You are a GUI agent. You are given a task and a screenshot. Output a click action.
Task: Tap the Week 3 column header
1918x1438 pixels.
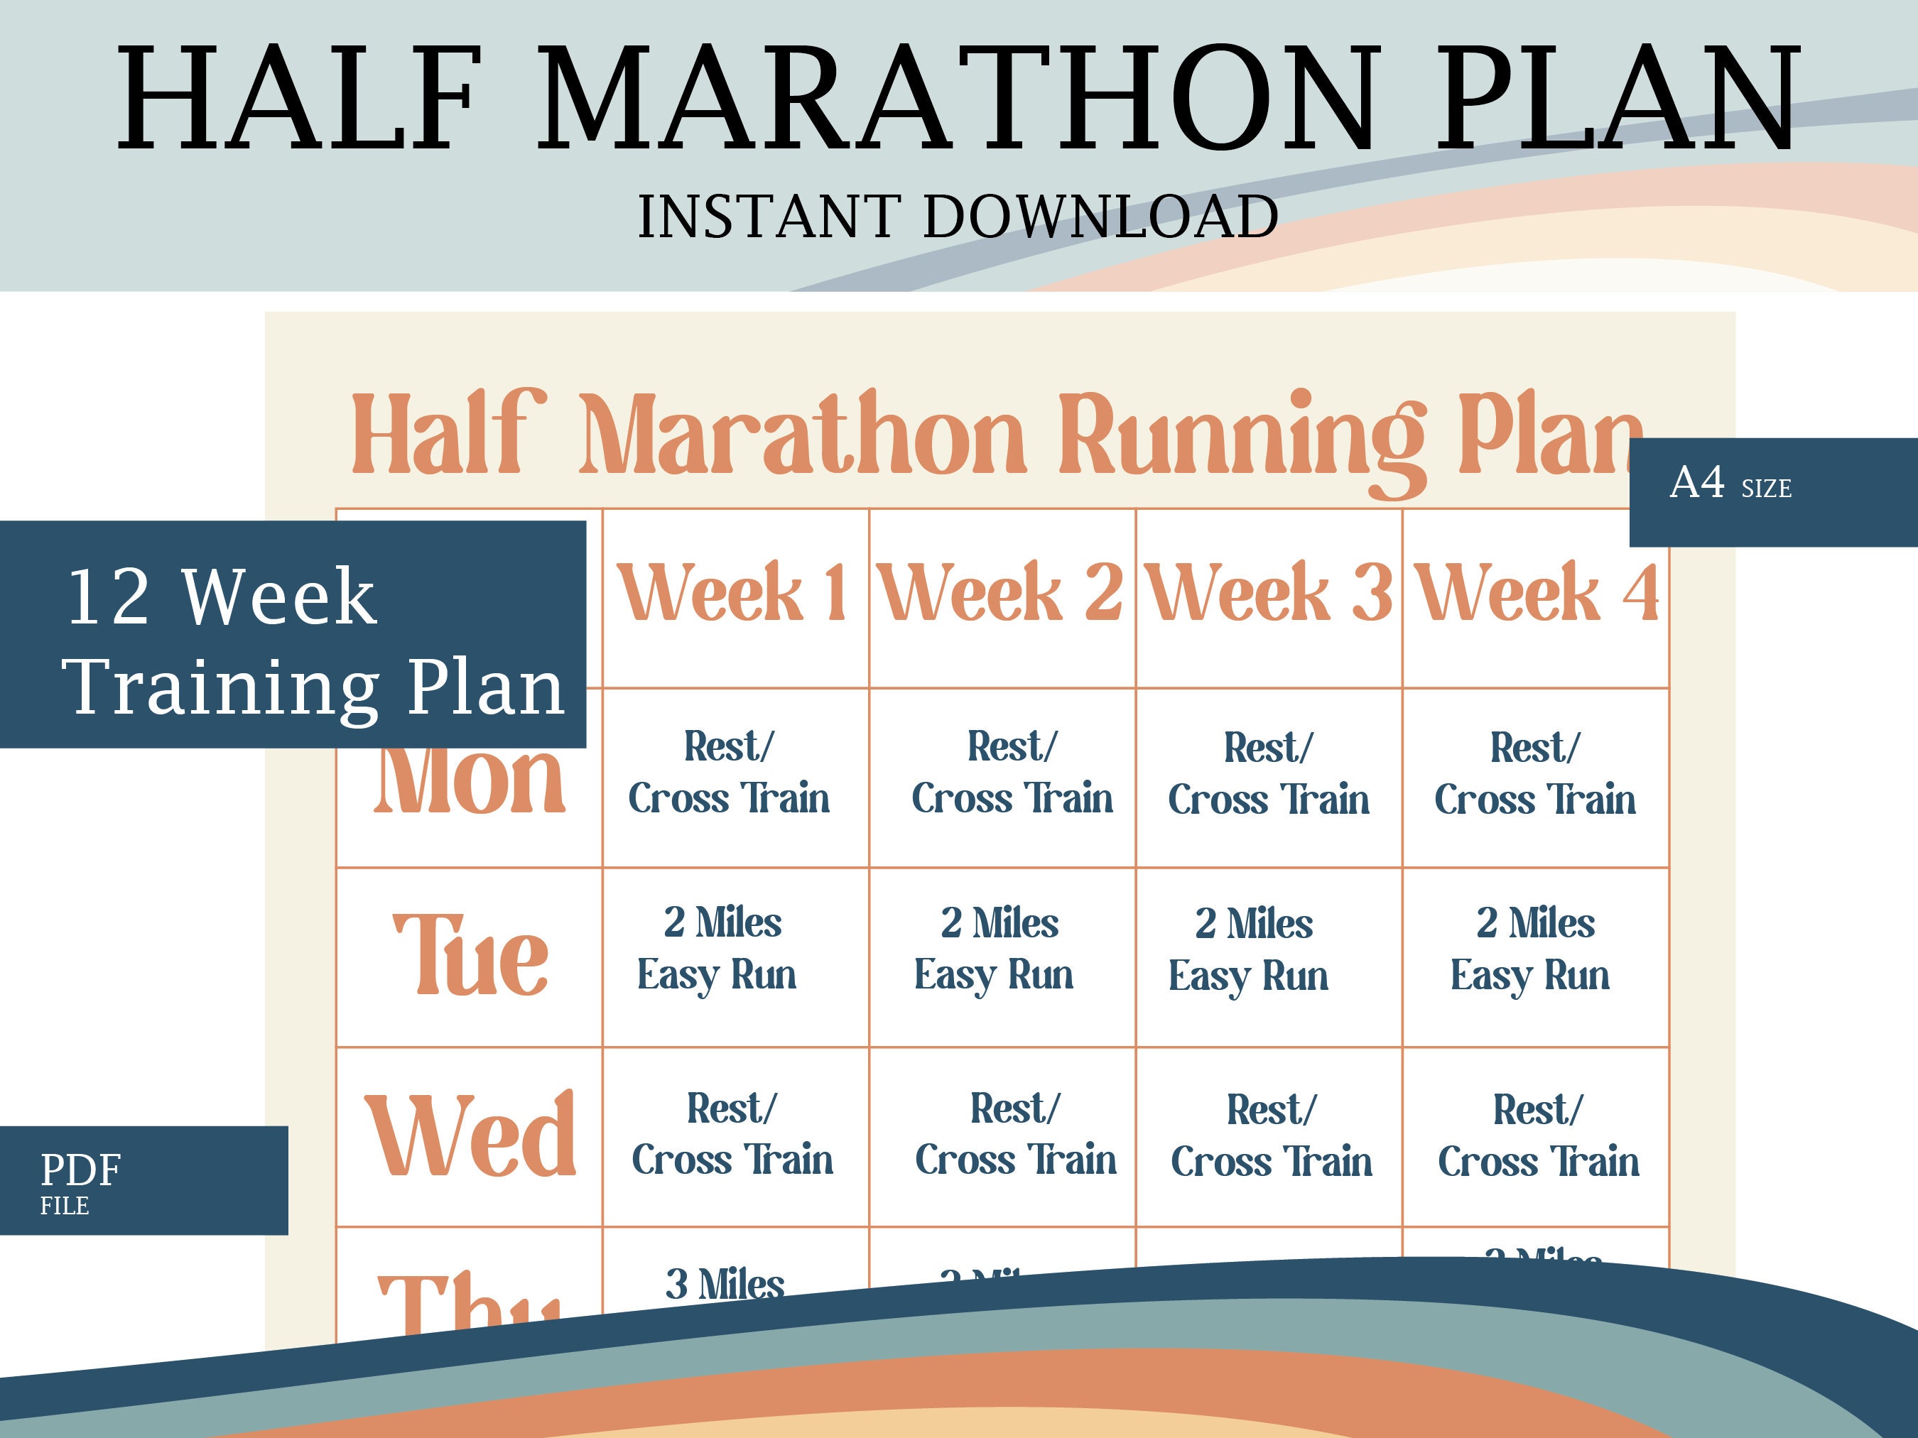click(1268, 593)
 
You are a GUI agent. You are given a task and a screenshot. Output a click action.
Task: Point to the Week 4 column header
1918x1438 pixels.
click(1537, 593)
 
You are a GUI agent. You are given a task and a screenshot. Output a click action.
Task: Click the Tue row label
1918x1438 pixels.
click(471, 955)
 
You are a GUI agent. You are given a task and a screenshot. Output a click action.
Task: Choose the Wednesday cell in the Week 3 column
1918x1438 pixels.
click(1270, 1135)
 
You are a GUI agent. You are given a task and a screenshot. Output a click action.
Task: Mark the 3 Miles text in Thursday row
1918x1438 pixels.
click(725, 1285)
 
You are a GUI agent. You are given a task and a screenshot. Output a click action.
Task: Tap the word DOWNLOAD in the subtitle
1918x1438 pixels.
click(1100, 217)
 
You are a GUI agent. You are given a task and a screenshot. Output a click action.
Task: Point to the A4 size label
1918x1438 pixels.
click(1730, 484)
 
